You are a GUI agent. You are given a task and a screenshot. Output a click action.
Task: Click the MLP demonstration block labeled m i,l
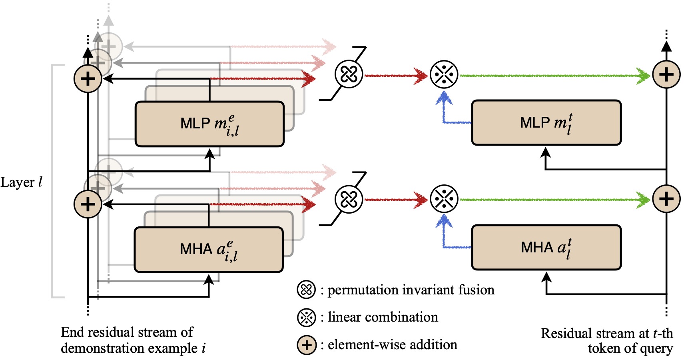tap(209, 124)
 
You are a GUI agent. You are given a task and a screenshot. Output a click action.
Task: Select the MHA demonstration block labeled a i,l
tap(209, 249)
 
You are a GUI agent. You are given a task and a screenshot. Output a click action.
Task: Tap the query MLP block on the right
tap(546, 122)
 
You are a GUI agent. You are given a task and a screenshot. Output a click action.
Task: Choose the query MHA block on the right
tap(546, 248)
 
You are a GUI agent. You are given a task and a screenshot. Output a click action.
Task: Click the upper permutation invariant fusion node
tap(349, 74)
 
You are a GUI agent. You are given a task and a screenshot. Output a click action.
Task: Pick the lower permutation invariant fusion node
tap(349, 199)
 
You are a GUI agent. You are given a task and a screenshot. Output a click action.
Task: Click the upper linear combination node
tap(444, 74)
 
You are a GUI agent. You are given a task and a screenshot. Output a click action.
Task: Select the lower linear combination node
tap(444, 199)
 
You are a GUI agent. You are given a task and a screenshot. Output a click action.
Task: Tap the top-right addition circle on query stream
tap(666, 74)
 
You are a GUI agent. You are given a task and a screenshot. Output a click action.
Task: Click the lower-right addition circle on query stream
tap(666, 199)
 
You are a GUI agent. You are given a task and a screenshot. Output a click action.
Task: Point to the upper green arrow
tap(555, 76)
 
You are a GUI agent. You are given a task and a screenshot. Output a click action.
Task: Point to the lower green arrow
tap(555, 200)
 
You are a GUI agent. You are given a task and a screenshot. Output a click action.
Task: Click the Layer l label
tap(21, 182)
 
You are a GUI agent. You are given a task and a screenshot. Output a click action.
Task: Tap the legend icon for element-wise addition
tap(307, 345)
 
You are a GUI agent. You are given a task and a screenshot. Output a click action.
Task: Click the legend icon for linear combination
tap(306, 317)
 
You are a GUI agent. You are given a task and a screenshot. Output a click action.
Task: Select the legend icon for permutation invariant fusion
tap(306, 290)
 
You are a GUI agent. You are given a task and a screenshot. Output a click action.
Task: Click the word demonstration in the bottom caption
tap(129, 348)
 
